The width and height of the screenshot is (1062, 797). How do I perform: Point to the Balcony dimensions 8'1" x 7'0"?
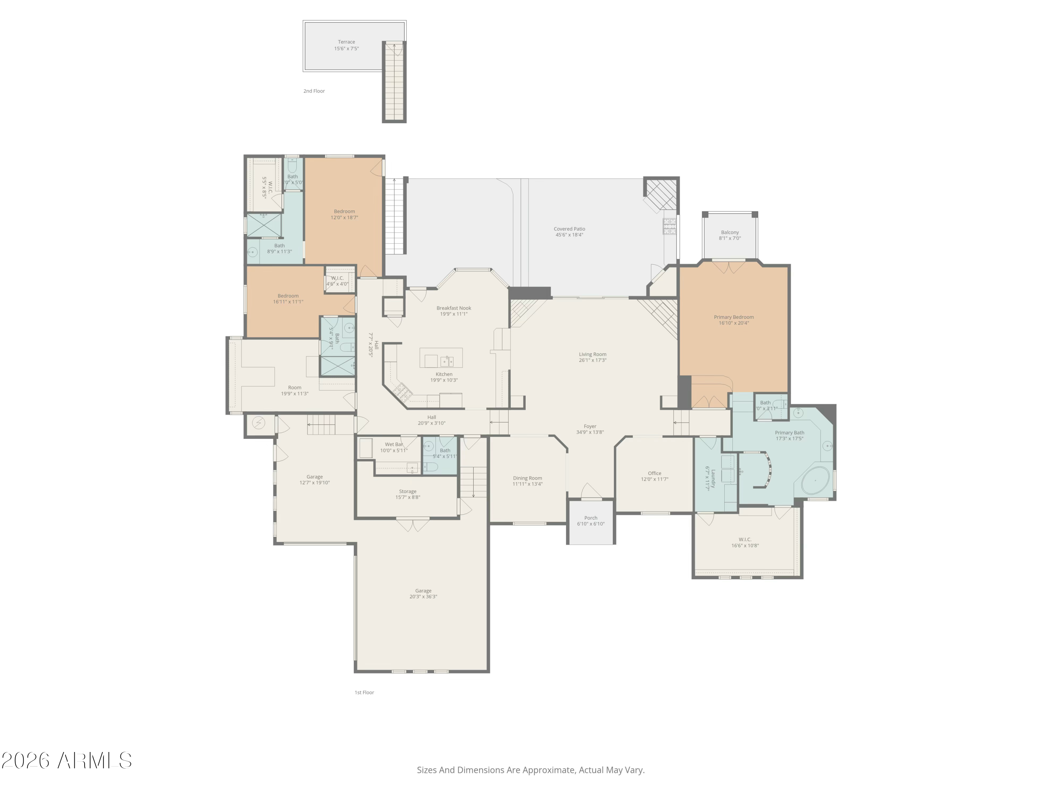tap(730, 238)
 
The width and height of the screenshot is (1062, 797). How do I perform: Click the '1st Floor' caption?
tap(364, 692)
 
